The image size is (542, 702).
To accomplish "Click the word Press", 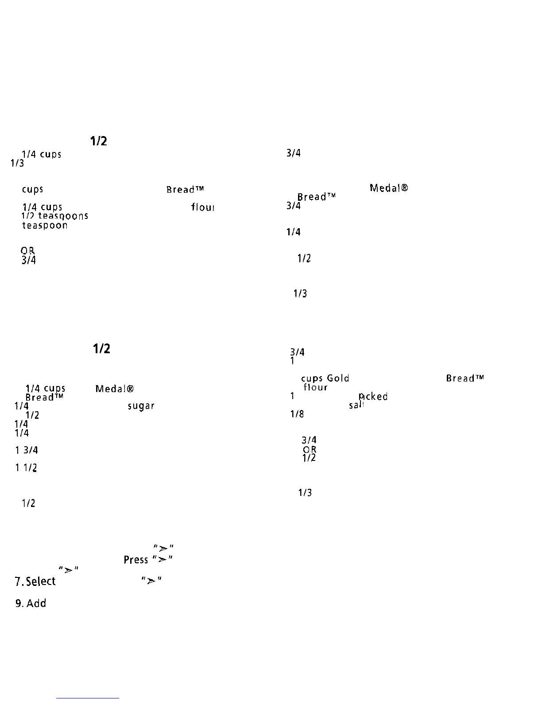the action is coord(135,560).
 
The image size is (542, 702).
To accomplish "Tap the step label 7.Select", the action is coord(35,581).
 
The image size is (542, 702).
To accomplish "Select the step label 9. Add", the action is coord(31,603).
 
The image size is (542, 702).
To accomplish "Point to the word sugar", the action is coord(141,406).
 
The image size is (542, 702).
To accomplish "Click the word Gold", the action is coord(338,378).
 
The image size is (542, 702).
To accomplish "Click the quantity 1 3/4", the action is coord(27,450).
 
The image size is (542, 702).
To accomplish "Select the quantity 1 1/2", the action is coord(27,468).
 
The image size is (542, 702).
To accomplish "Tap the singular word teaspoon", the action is coord(45,225).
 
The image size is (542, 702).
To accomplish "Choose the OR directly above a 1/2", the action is coord(310,449).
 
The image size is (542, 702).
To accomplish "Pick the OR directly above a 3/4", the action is coord(29,251).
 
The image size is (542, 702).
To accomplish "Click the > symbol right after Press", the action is coord(162,559).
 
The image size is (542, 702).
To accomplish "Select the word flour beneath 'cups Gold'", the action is coord(315,387).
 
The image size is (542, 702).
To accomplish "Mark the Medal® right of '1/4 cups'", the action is coord(115,389).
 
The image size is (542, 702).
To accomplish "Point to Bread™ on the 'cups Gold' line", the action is coord(465,378).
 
